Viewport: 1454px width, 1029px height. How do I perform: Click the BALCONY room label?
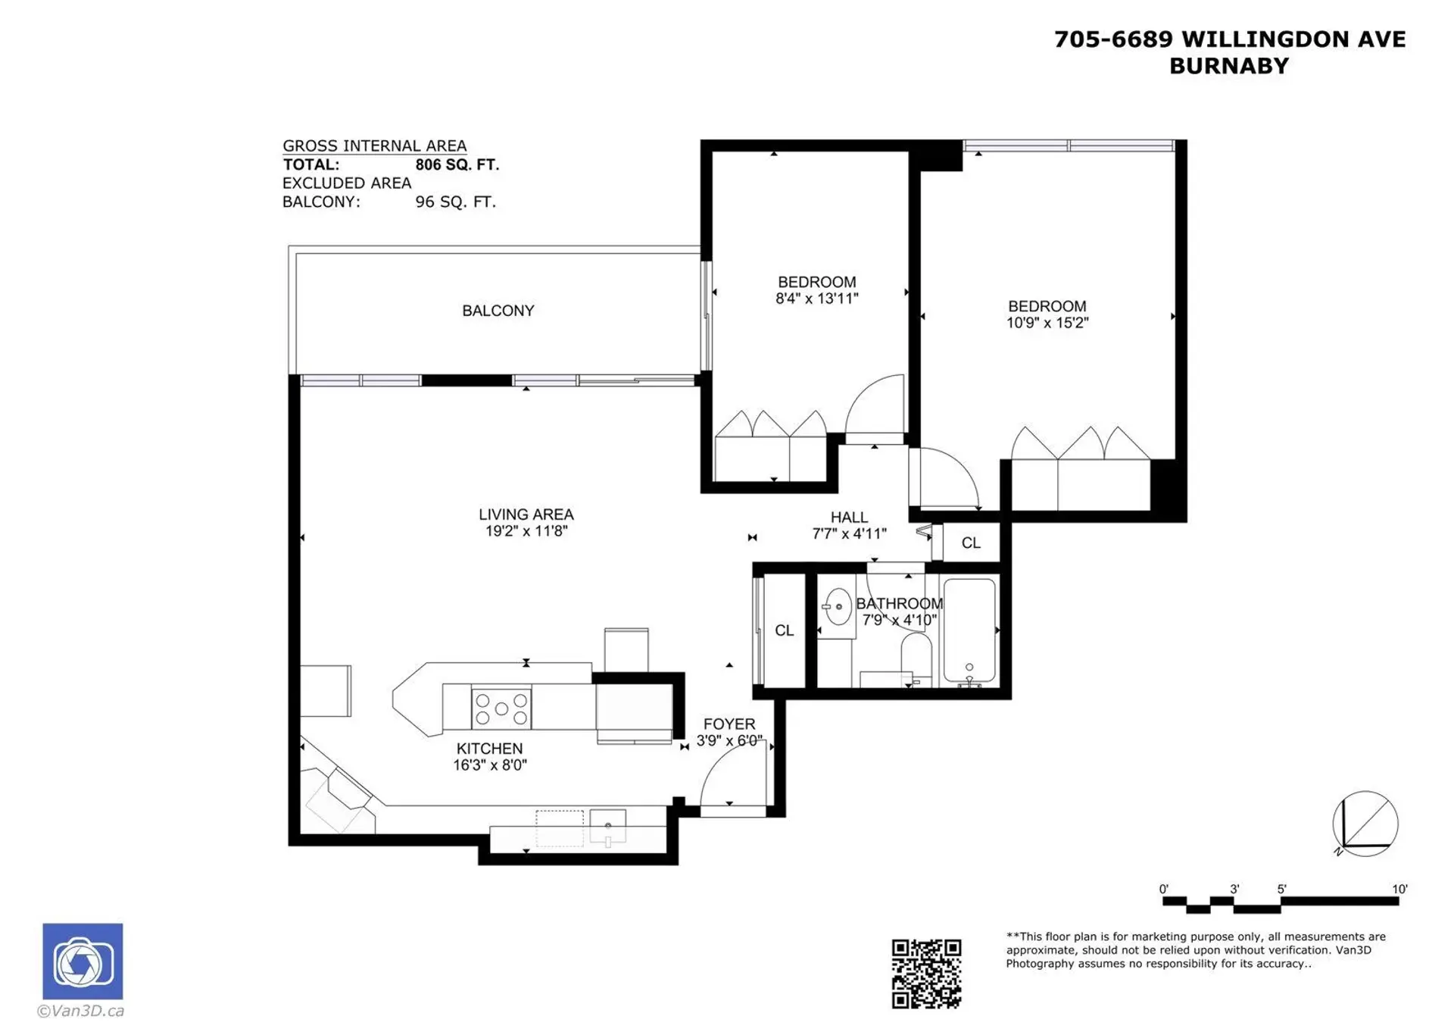[498, 311]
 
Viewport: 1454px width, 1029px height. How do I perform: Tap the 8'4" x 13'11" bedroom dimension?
[816, 299]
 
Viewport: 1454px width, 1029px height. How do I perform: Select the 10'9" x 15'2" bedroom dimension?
[1047, 323]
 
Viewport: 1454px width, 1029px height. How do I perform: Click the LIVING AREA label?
[526, 514]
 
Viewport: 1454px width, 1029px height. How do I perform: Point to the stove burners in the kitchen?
[501, 708]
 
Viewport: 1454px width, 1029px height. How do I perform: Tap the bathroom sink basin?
[838, 606]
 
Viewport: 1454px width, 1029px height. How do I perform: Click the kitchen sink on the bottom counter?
[608, 826]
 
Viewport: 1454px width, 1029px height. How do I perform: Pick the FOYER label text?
[729, 724]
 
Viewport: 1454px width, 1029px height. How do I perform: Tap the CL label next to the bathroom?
[784, 630]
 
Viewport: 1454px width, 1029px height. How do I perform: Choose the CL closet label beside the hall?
[970, 543]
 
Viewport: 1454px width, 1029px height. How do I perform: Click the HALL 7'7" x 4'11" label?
[848, 525]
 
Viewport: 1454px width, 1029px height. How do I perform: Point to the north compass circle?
[1365, 824]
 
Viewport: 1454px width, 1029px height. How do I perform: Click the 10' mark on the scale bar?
[1399, 890]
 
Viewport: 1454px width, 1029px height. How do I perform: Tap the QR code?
[925, 974]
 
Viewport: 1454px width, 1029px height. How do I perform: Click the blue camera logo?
[83, 961]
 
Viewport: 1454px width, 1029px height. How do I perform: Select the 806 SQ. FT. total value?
[457, 165]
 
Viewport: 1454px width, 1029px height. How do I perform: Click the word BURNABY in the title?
[1228, 66]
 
